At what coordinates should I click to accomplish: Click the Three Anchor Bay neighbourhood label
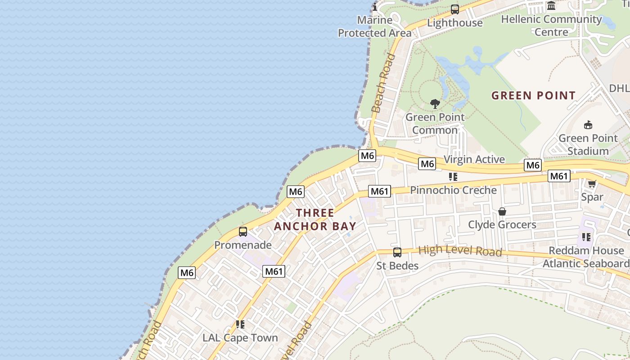tap(315, 219)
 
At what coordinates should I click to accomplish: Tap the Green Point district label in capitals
tap(533, 95)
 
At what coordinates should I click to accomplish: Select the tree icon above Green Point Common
tap(435, 104)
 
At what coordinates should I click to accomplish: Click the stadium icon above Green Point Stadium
tap(588, 125)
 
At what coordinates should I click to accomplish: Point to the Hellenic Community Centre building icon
tap(551, 6)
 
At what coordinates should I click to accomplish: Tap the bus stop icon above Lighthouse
tap(455, 9)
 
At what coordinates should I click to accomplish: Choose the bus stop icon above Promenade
tap(243, 232)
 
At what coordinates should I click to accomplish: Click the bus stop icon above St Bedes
tap(397, 252)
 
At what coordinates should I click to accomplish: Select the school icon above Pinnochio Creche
tap(453, 177)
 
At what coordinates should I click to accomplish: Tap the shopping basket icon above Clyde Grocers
tap(502, 211)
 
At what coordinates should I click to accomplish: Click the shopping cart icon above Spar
tap(592, 184)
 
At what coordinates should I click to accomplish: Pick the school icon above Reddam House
tap(586, 237)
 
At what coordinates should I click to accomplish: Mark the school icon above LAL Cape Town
tap(240, 324)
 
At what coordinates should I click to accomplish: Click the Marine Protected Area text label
tap(375, 27)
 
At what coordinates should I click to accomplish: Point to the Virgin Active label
tap(474, 159)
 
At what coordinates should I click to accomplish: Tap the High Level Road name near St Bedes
tap(460, 251)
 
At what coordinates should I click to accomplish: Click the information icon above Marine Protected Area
tap(375, 6)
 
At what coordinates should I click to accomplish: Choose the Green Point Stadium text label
tap(588, 144)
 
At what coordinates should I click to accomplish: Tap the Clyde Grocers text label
tap(502, 225)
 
